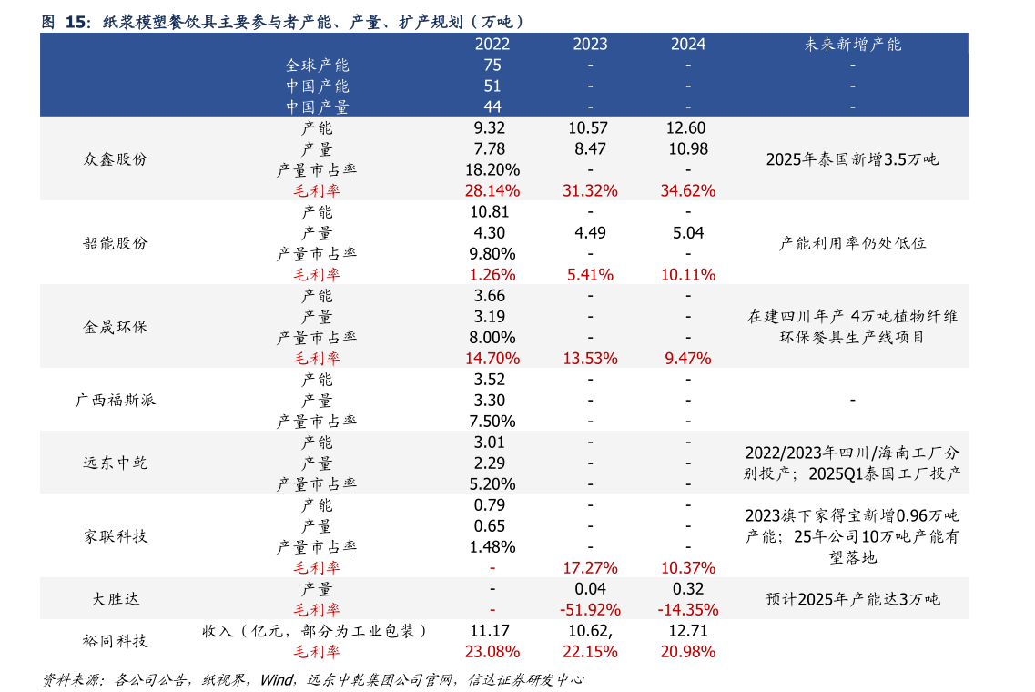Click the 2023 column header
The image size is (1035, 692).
(590, 44)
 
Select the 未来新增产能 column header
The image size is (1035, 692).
(852, 44)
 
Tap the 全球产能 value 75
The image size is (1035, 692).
(492, 65)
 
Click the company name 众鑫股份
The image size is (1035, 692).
(115, 159)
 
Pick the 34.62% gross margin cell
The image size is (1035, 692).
(687, 190)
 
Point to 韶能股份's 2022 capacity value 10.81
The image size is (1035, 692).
(492, 211)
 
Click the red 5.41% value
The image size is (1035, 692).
(590, 274)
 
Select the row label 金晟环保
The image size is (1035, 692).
(115, 327)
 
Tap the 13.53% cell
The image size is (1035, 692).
(590, 358)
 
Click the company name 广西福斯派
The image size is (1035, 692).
(115, 400)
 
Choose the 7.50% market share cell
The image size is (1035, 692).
(492, 421)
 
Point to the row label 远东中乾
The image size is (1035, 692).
(115, 463)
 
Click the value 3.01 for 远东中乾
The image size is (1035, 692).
(492, 442)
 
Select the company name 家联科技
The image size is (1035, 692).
(115, 536)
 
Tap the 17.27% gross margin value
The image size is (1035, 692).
(590, 567)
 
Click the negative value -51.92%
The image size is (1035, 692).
(590, 609)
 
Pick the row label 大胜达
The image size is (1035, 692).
(115, 599)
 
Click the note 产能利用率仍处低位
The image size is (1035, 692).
(852, 243)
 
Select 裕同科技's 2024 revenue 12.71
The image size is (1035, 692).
(687, 630)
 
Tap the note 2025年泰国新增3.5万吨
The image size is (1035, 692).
(852, 159)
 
